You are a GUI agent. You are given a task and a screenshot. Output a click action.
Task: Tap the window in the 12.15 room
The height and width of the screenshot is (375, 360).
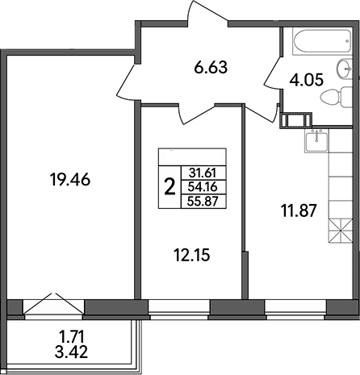[x=178, y=306]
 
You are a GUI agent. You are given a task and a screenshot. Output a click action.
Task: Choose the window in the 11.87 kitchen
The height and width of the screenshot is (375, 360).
[x=295, y=306]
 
